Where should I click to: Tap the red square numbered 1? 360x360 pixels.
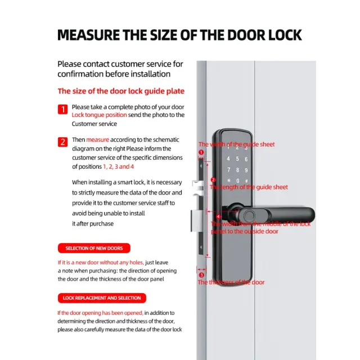click(x=63, y=109)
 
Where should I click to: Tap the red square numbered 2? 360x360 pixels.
click(x=63, y=141)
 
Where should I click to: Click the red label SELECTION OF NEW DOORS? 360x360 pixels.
click(x=94, y=248)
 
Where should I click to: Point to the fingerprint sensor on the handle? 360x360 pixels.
click(x=247, y=215)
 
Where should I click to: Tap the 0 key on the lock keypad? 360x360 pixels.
click(x=238, y=180)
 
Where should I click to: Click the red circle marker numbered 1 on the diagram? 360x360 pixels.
click(x=201, y=152)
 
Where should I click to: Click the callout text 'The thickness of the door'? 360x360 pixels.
click(x=231, y=282)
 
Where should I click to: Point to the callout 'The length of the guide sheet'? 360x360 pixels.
click(x=249, y=187)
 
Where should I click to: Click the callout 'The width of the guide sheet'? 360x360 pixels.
click(x=243, y=145)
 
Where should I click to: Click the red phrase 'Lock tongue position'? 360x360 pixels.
click(x=99, y=115)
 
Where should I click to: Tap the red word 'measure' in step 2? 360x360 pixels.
click(x=98, y=139)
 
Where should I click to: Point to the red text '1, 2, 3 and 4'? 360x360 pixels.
click(x=118, y=166)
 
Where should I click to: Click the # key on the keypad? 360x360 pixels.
click(x=247, y=180)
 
